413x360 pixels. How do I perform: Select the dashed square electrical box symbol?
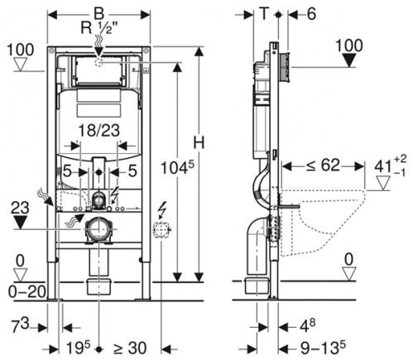[x=161, y=228]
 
